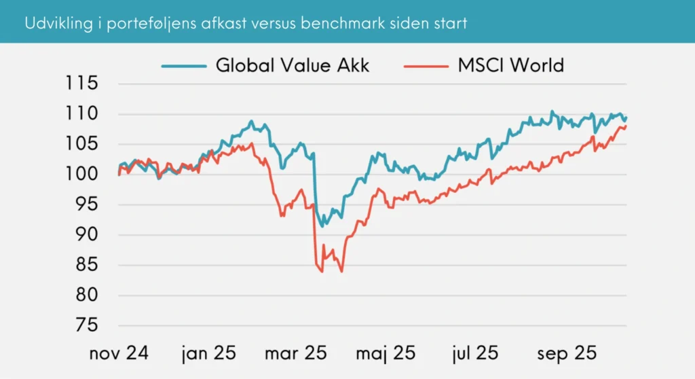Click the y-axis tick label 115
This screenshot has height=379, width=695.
point(82,84)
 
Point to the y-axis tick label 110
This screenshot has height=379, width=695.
point(82,113)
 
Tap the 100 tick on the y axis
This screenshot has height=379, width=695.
point(82,175)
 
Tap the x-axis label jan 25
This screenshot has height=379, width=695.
point(208,353)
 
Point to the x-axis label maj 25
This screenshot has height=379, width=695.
point(386,353)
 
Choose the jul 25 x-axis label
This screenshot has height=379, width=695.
point(476,353)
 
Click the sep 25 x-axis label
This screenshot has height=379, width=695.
point(567,353)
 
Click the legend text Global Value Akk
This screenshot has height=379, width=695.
point(292,65)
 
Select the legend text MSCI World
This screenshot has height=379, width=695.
point(510,65)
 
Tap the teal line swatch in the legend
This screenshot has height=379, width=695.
point(183,66)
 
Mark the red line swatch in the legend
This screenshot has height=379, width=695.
point(426,66)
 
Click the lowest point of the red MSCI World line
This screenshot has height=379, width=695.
point(341,272)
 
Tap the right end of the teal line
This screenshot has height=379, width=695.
point(626,118)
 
